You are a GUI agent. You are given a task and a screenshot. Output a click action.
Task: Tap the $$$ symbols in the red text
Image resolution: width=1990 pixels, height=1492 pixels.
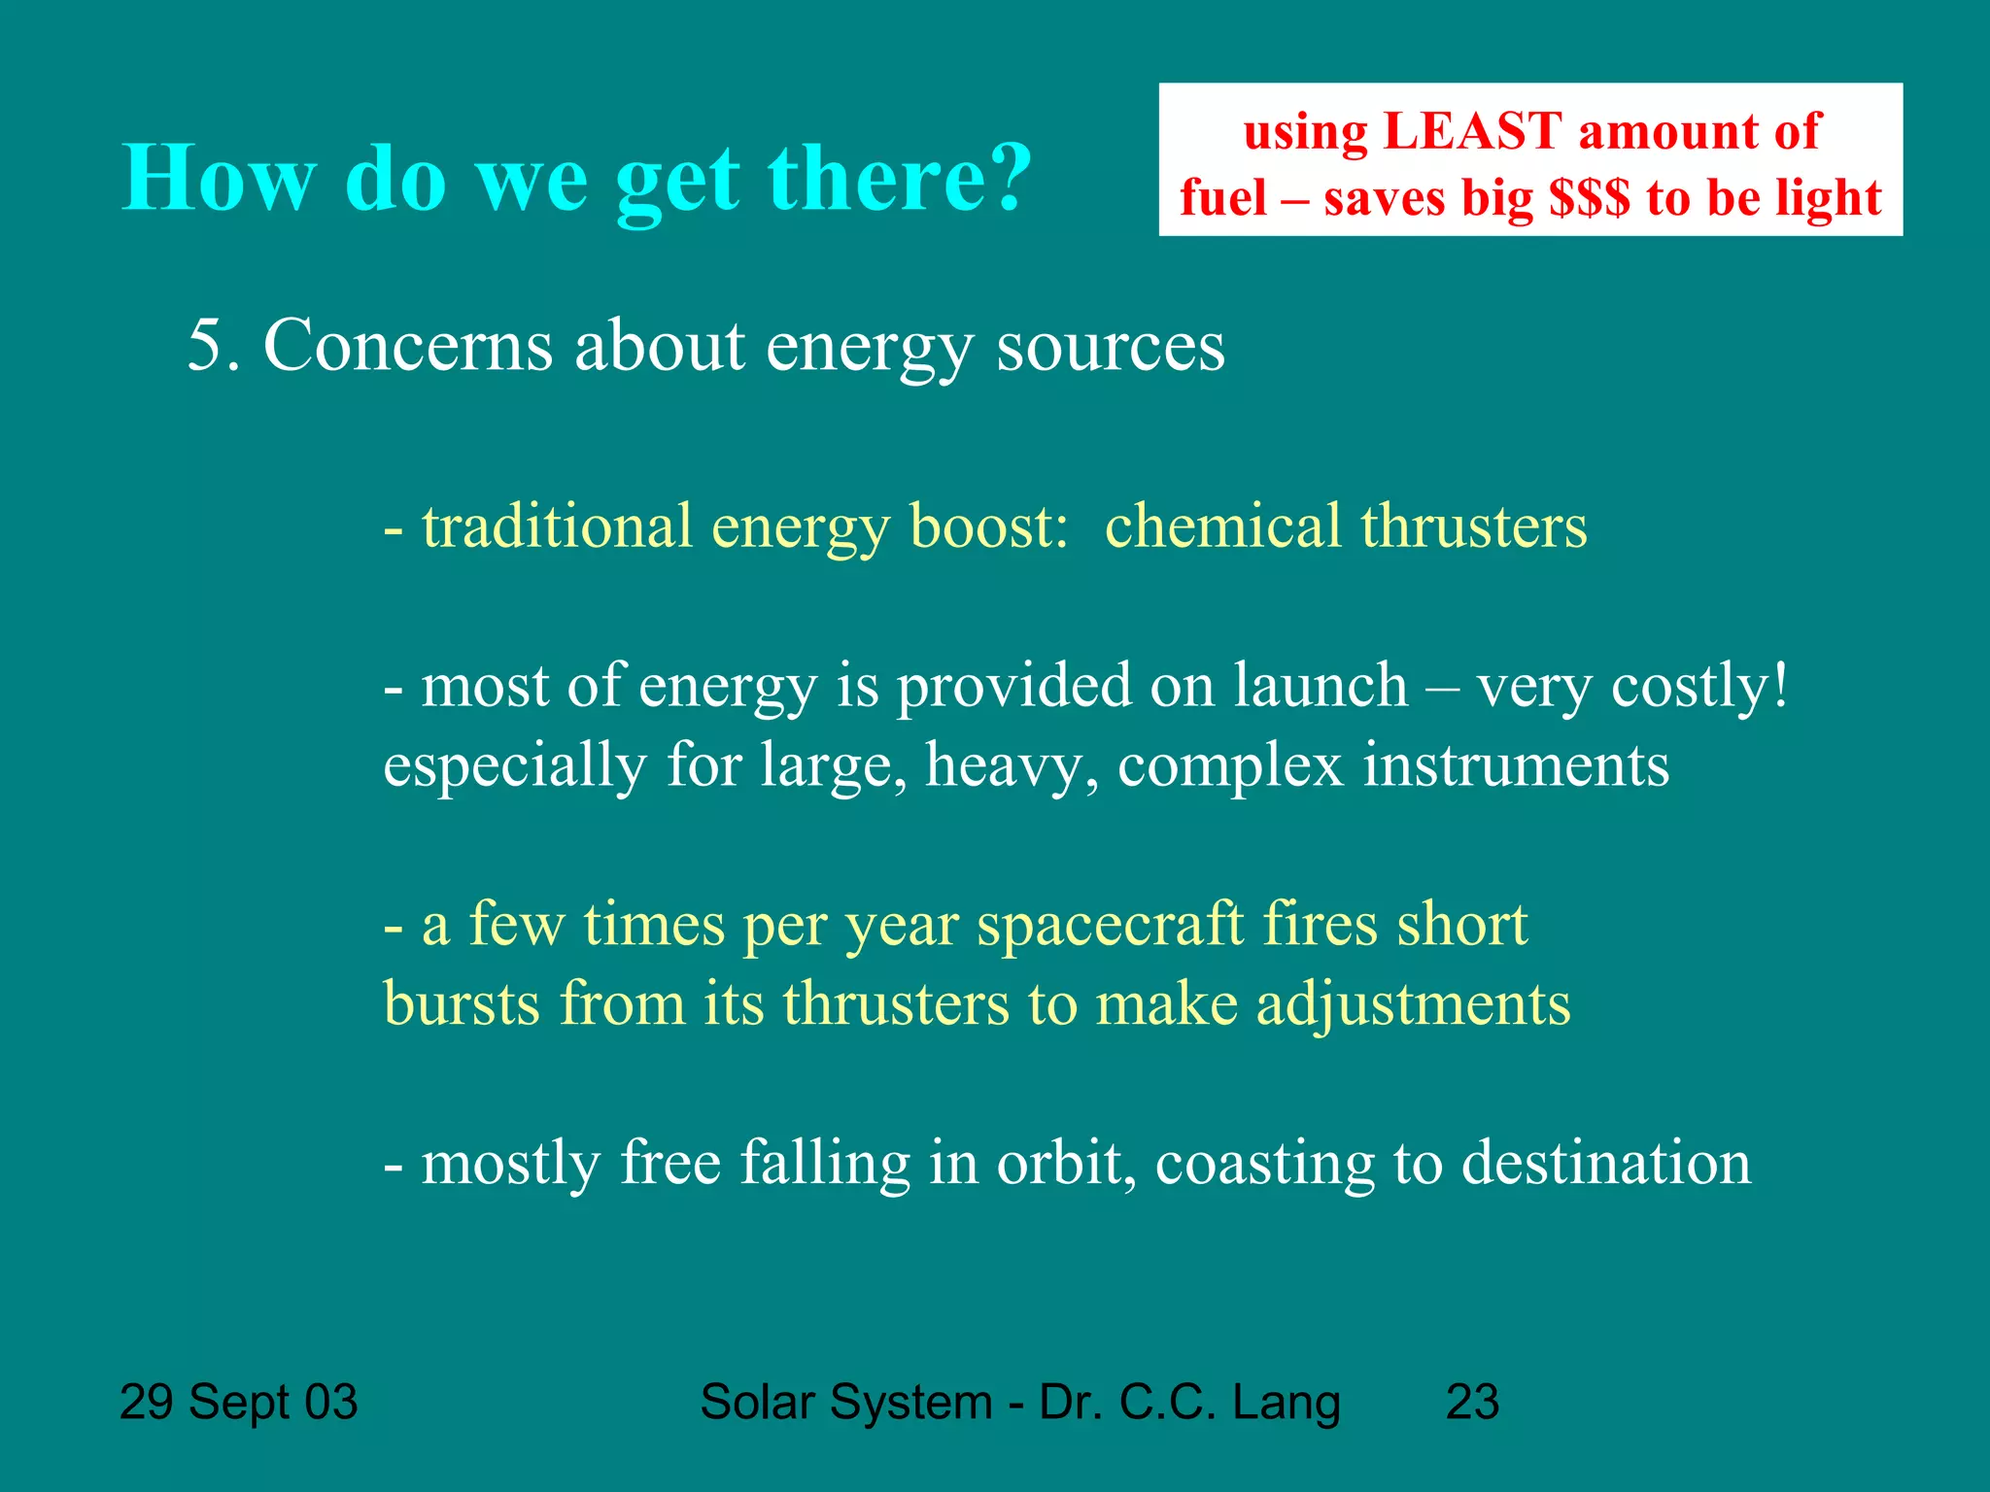click(x=1590, y=197)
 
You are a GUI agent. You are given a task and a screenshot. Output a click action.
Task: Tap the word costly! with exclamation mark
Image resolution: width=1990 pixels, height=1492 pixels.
click(x=1699, y=685)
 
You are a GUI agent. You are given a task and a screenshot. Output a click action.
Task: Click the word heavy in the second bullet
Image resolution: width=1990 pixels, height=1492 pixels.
click(x=1011, y=765)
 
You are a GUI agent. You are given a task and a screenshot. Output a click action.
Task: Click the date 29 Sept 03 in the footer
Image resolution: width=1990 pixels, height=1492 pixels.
click(x=238, y=1402)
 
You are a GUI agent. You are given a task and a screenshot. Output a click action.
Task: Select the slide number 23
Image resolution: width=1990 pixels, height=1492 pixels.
click(x=1472, y=1402)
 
